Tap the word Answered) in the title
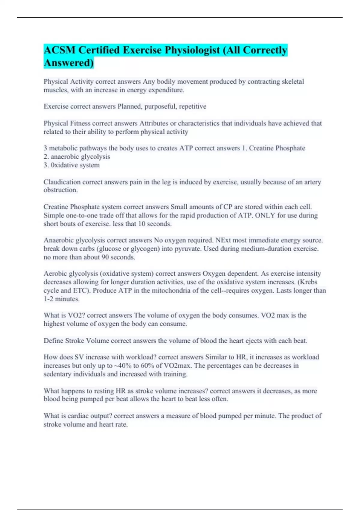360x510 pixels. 69,63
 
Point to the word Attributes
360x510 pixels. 154,123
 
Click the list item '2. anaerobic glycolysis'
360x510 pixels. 77,157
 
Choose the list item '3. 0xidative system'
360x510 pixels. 72,165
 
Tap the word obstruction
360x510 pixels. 61,190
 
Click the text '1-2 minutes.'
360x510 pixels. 61,299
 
